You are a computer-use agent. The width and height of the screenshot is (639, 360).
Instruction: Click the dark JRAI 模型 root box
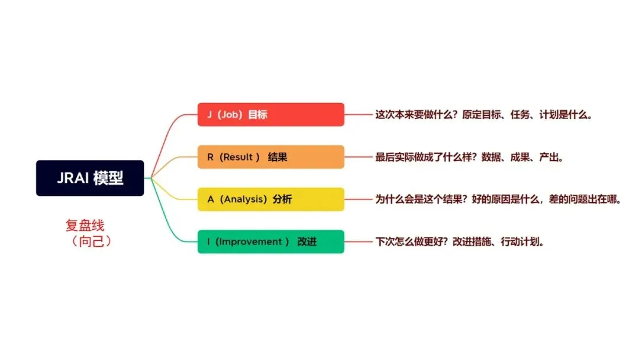pyautogui.click(x=90, y=178)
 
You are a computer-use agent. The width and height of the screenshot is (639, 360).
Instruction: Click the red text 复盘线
pyautogui.click(x=89, y=226)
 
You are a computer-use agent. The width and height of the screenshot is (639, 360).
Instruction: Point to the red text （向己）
pyautogui.click(x=89, y=242)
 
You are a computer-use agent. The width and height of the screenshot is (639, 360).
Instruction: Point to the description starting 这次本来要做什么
pyautogui.click(x=483, y=115)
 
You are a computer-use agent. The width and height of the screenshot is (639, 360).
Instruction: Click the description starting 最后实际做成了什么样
pyautogui.click(x=469, y=157)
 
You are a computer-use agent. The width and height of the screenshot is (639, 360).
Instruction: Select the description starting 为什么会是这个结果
pyautogui.click(x=498, y=200)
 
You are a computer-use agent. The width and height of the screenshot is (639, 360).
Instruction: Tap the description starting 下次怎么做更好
pyautogui.click(x=460, y=242)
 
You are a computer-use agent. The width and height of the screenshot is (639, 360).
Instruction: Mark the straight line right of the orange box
pyautogui.click(x=359, y=157)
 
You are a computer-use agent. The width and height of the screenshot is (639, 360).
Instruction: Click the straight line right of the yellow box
pyautogui.click(x=359, y=200)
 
